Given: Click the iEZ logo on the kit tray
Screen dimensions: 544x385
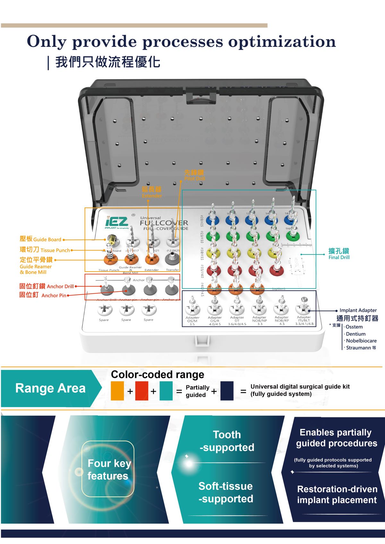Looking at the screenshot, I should (x=117, y=222).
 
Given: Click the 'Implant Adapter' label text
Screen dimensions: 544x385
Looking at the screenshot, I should (x=358, y=310).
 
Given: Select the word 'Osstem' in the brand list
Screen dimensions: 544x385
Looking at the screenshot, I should (x=354, y=327).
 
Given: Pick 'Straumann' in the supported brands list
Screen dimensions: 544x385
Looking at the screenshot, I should (x=358, y=347).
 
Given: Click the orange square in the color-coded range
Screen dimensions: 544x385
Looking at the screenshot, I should (x=117, y=391).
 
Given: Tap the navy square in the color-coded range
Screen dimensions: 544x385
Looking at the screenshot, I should (x=227, y=391).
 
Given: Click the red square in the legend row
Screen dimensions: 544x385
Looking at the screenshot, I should (x=141, y=391).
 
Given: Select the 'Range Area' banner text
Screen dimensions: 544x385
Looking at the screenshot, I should (x=50, y=388).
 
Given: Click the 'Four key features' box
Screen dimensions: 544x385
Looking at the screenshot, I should (x=108, y=469).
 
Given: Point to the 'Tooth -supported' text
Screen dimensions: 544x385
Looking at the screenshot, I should (x=227, y=441).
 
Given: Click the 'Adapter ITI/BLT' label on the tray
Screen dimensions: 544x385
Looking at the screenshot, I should (x=304, y=320).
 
